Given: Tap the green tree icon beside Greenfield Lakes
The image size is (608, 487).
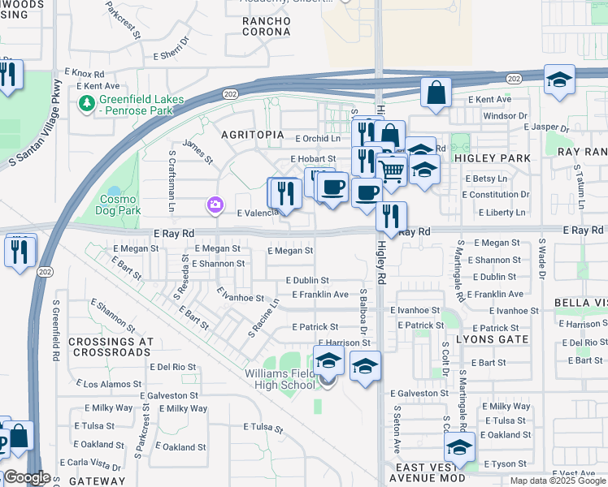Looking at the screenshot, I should pos(87,103).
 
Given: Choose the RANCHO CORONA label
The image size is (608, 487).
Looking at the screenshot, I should pos(266,25).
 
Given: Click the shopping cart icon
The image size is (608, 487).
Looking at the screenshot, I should pos(392,171).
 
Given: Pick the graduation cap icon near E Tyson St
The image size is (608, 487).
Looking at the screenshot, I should pos(459,447).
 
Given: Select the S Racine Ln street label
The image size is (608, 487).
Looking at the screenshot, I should pos(263,317).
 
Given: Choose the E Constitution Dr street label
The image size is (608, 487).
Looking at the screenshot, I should pos(495,195).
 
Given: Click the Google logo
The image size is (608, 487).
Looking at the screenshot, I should pos(27,477).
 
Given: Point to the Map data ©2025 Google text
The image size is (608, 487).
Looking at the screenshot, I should pos(558,481).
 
